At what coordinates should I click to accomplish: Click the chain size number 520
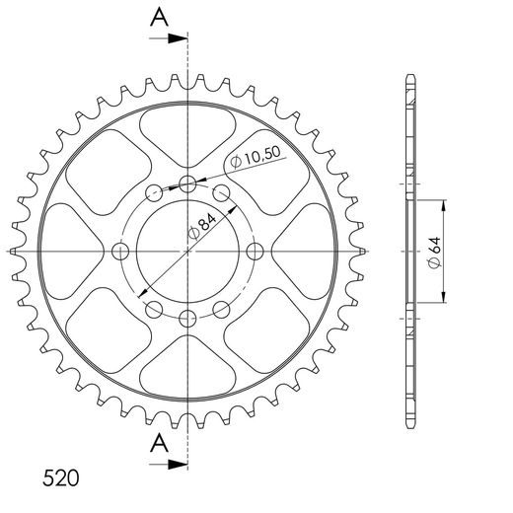[61, 477]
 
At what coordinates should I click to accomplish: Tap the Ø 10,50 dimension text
[256, 157]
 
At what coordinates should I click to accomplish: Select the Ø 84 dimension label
[202, 226]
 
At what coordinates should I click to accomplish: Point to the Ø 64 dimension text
[434, 252]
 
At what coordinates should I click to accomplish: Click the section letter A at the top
[160, 18]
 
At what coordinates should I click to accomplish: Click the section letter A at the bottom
[160, 443]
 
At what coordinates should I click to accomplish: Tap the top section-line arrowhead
[178, 38]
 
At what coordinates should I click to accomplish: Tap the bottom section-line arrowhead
[178, 465]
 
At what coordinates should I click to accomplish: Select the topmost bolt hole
[187, 184]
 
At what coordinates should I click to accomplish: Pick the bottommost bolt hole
[187, 319]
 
